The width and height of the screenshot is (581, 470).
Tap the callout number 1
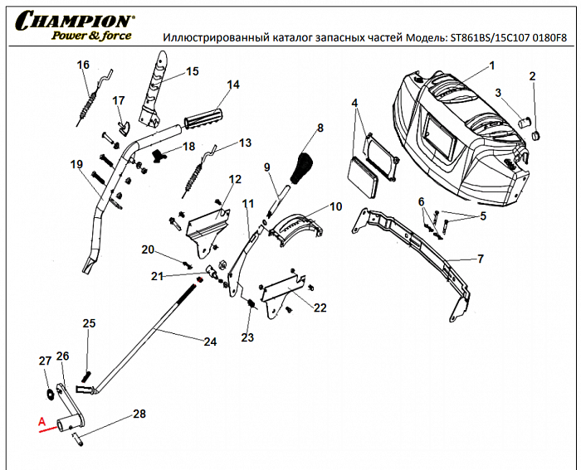pos(491,65)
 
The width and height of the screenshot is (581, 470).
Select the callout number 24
pos(210,341)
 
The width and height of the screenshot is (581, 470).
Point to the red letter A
pos(40,421)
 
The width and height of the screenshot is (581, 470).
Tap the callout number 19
pos(76,164)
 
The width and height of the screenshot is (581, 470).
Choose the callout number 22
pos(320,308)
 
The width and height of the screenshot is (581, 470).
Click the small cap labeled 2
pos(535,133)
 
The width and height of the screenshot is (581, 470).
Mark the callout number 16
pos(82,65)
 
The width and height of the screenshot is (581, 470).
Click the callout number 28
pos(139,414)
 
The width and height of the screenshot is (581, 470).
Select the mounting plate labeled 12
pos(207,225)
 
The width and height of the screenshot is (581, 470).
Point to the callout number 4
pos(354,103)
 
